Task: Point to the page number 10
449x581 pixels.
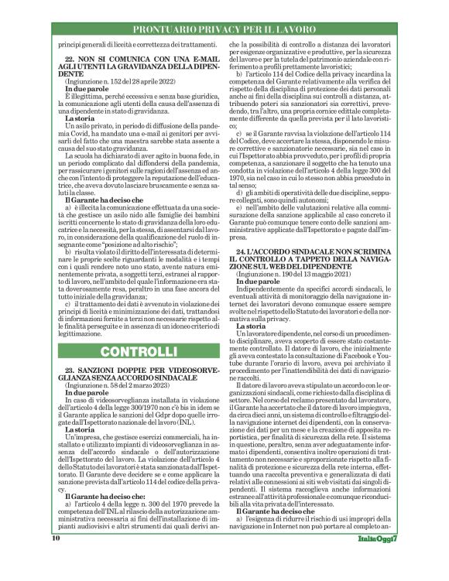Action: (x=57, y=559)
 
